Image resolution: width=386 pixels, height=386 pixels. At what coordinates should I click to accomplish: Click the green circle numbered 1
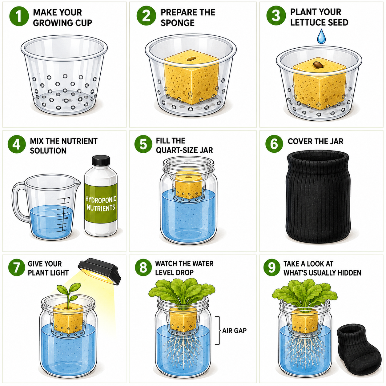[x=19, y=16]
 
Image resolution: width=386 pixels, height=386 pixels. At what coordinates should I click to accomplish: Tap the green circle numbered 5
[x=143, y=144]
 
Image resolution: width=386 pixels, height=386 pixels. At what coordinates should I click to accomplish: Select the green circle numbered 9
[x=271, y=267]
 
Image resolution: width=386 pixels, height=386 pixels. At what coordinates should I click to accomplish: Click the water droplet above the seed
[x=321, y=36]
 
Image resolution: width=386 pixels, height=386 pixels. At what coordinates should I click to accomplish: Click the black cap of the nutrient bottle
[x=101, y=160]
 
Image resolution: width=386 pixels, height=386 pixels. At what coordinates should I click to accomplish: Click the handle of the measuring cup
[x=19, y=201]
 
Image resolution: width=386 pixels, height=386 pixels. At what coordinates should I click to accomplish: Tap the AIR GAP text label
[x=234, y=330]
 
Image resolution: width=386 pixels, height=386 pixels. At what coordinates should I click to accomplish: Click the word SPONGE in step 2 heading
[x=178, y=23]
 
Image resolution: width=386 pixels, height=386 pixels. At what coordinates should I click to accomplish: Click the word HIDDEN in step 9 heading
[x=349, y=273]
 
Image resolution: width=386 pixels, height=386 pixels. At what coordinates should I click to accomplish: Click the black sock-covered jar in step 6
[x=318, y=197]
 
